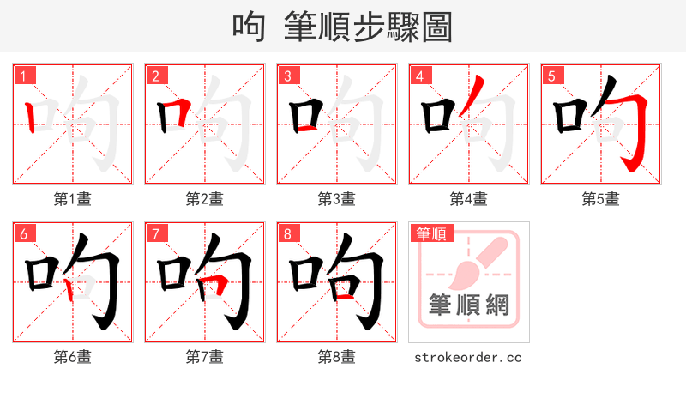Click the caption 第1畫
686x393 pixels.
click(73, 199)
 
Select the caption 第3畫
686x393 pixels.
click(337, 199)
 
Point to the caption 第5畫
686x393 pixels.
click(601, 199)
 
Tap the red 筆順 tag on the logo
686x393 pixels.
click(432, 233)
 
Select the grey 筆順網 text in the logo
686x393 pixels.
click(468, 306)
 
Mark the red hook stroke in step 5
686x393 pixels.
click(635, 129)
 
